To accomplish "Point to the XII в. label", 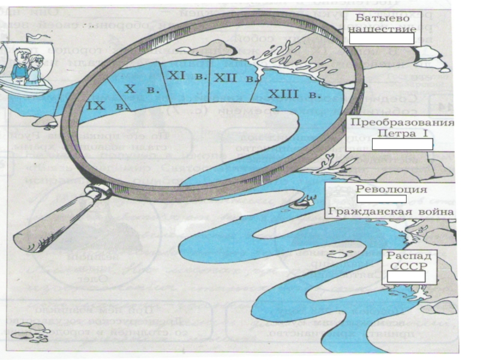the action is coord(230,78).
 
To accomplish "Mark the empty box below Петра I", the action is coord(401,144).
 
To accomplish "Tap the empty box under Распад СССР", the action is coord(406,276).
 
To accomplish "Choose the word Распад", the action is coord(407,255).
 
